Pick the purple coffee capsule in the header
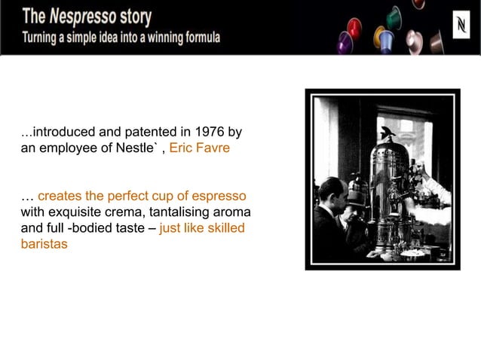click(345, 44)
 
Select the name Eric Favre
click(200, 148)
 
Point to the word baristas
click(44, 244)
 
